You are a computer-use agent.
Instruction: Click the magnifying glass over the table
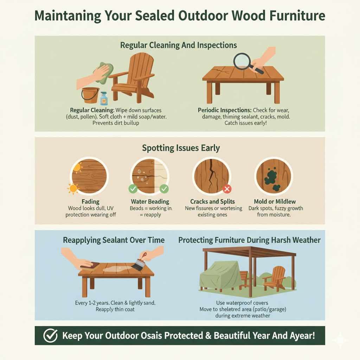coord(243,60)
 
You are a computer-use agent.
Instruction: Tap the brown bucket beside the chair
coord(90,95)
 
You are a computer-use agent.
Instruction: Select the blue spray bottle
coord(104,98)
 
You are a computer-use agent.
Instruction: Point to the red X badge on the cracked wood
coord(227,189)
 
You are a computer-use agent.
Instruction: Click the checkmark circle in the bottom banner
coord(50,336)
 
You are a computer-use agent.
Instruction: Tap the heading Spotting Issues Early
coord(181,148)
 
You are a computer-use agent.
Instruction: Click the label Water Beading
coord(150,201)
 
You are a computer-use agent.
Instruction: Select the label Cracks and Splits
coord(212,201)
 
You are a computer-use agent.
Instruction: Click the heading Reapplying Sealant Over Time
coord(114,240)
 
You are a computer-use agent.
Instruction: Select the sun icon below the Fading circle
coord(73,189)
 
